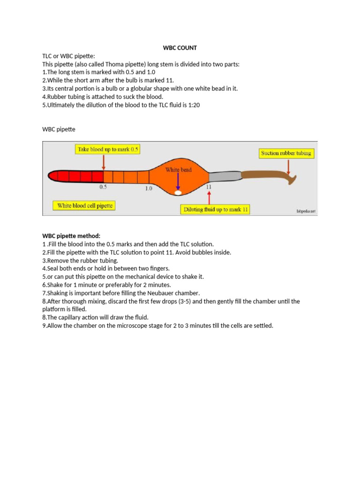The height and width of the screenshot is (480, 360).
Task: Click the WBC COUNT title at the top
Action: click(180, 48)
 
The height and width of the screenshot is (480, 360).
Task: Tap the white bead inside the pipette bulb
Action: click(178, 192)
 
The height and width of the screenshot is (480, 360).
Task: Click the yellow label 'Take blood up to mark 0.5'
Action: click(108, 149)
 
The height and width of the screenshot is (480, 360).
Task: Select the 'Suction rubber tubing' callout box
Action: click(286, 153)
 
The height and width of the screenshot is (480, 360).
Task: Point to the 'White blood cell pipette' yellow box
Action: click(85, 205)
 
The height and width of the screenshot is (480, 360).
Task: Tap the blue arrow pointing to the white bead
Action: click(178, 180)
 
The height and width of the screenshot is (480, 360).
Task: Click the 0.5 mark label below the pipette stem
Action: click(103, 187)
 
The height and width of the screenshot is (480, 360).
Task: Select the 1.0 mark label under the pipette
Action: click(148, 188)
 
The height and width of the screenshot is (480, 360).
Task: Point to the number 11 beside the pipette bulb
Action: click(209, 187)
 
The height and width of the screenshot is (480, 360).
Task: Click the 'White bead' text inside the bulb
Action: click(178, 170)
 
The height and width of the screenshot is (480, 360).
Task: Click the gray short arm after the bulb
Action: click(224, 176)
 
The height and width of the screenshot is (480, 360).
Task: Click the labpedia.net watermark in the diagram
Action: click(306, 211)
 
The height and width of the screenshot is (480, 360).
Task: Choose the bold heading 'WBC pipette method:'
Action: click(71, 236)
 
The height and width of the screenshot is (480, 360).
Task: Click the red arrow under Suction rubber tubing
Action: click(289, 166)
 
